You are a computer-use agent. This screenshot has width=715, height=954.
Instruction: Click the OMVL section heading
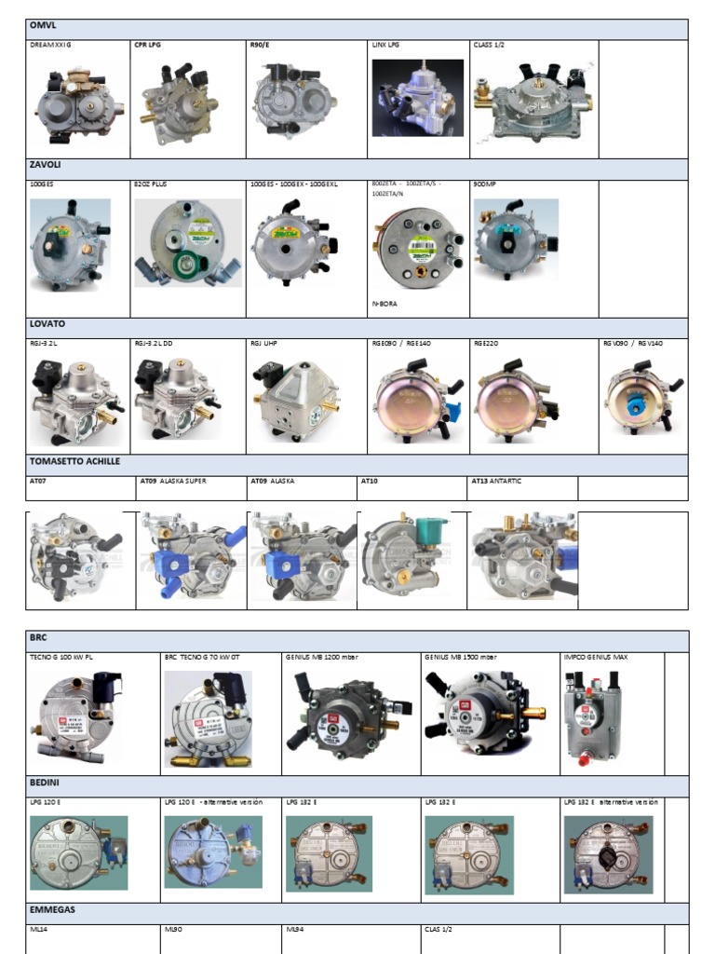44,26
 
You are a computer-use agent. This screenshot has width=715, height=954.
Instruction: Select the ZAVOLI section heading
47,165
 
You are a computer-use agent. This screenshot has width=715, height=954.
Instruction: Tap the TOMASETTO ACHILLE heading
74,461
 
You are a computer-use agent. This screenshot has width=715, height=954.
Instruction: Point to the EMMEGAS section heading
53,909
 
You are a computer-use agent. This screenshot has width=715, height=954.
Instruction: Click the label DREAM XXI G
51,44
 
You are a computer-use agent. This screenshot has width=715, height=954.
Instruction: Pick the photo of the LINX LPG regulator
417,98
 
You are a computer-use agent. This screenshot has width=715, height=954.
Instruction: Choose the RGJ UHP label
264,344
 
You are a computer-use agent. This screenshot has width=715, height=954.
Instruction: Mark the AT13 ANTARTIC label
497,481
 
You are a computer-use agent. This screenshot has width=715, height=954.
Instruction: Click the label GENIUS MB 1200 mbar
322,657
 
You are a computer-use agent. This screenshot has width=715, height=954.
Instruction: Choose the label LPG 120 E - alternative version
213,802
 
